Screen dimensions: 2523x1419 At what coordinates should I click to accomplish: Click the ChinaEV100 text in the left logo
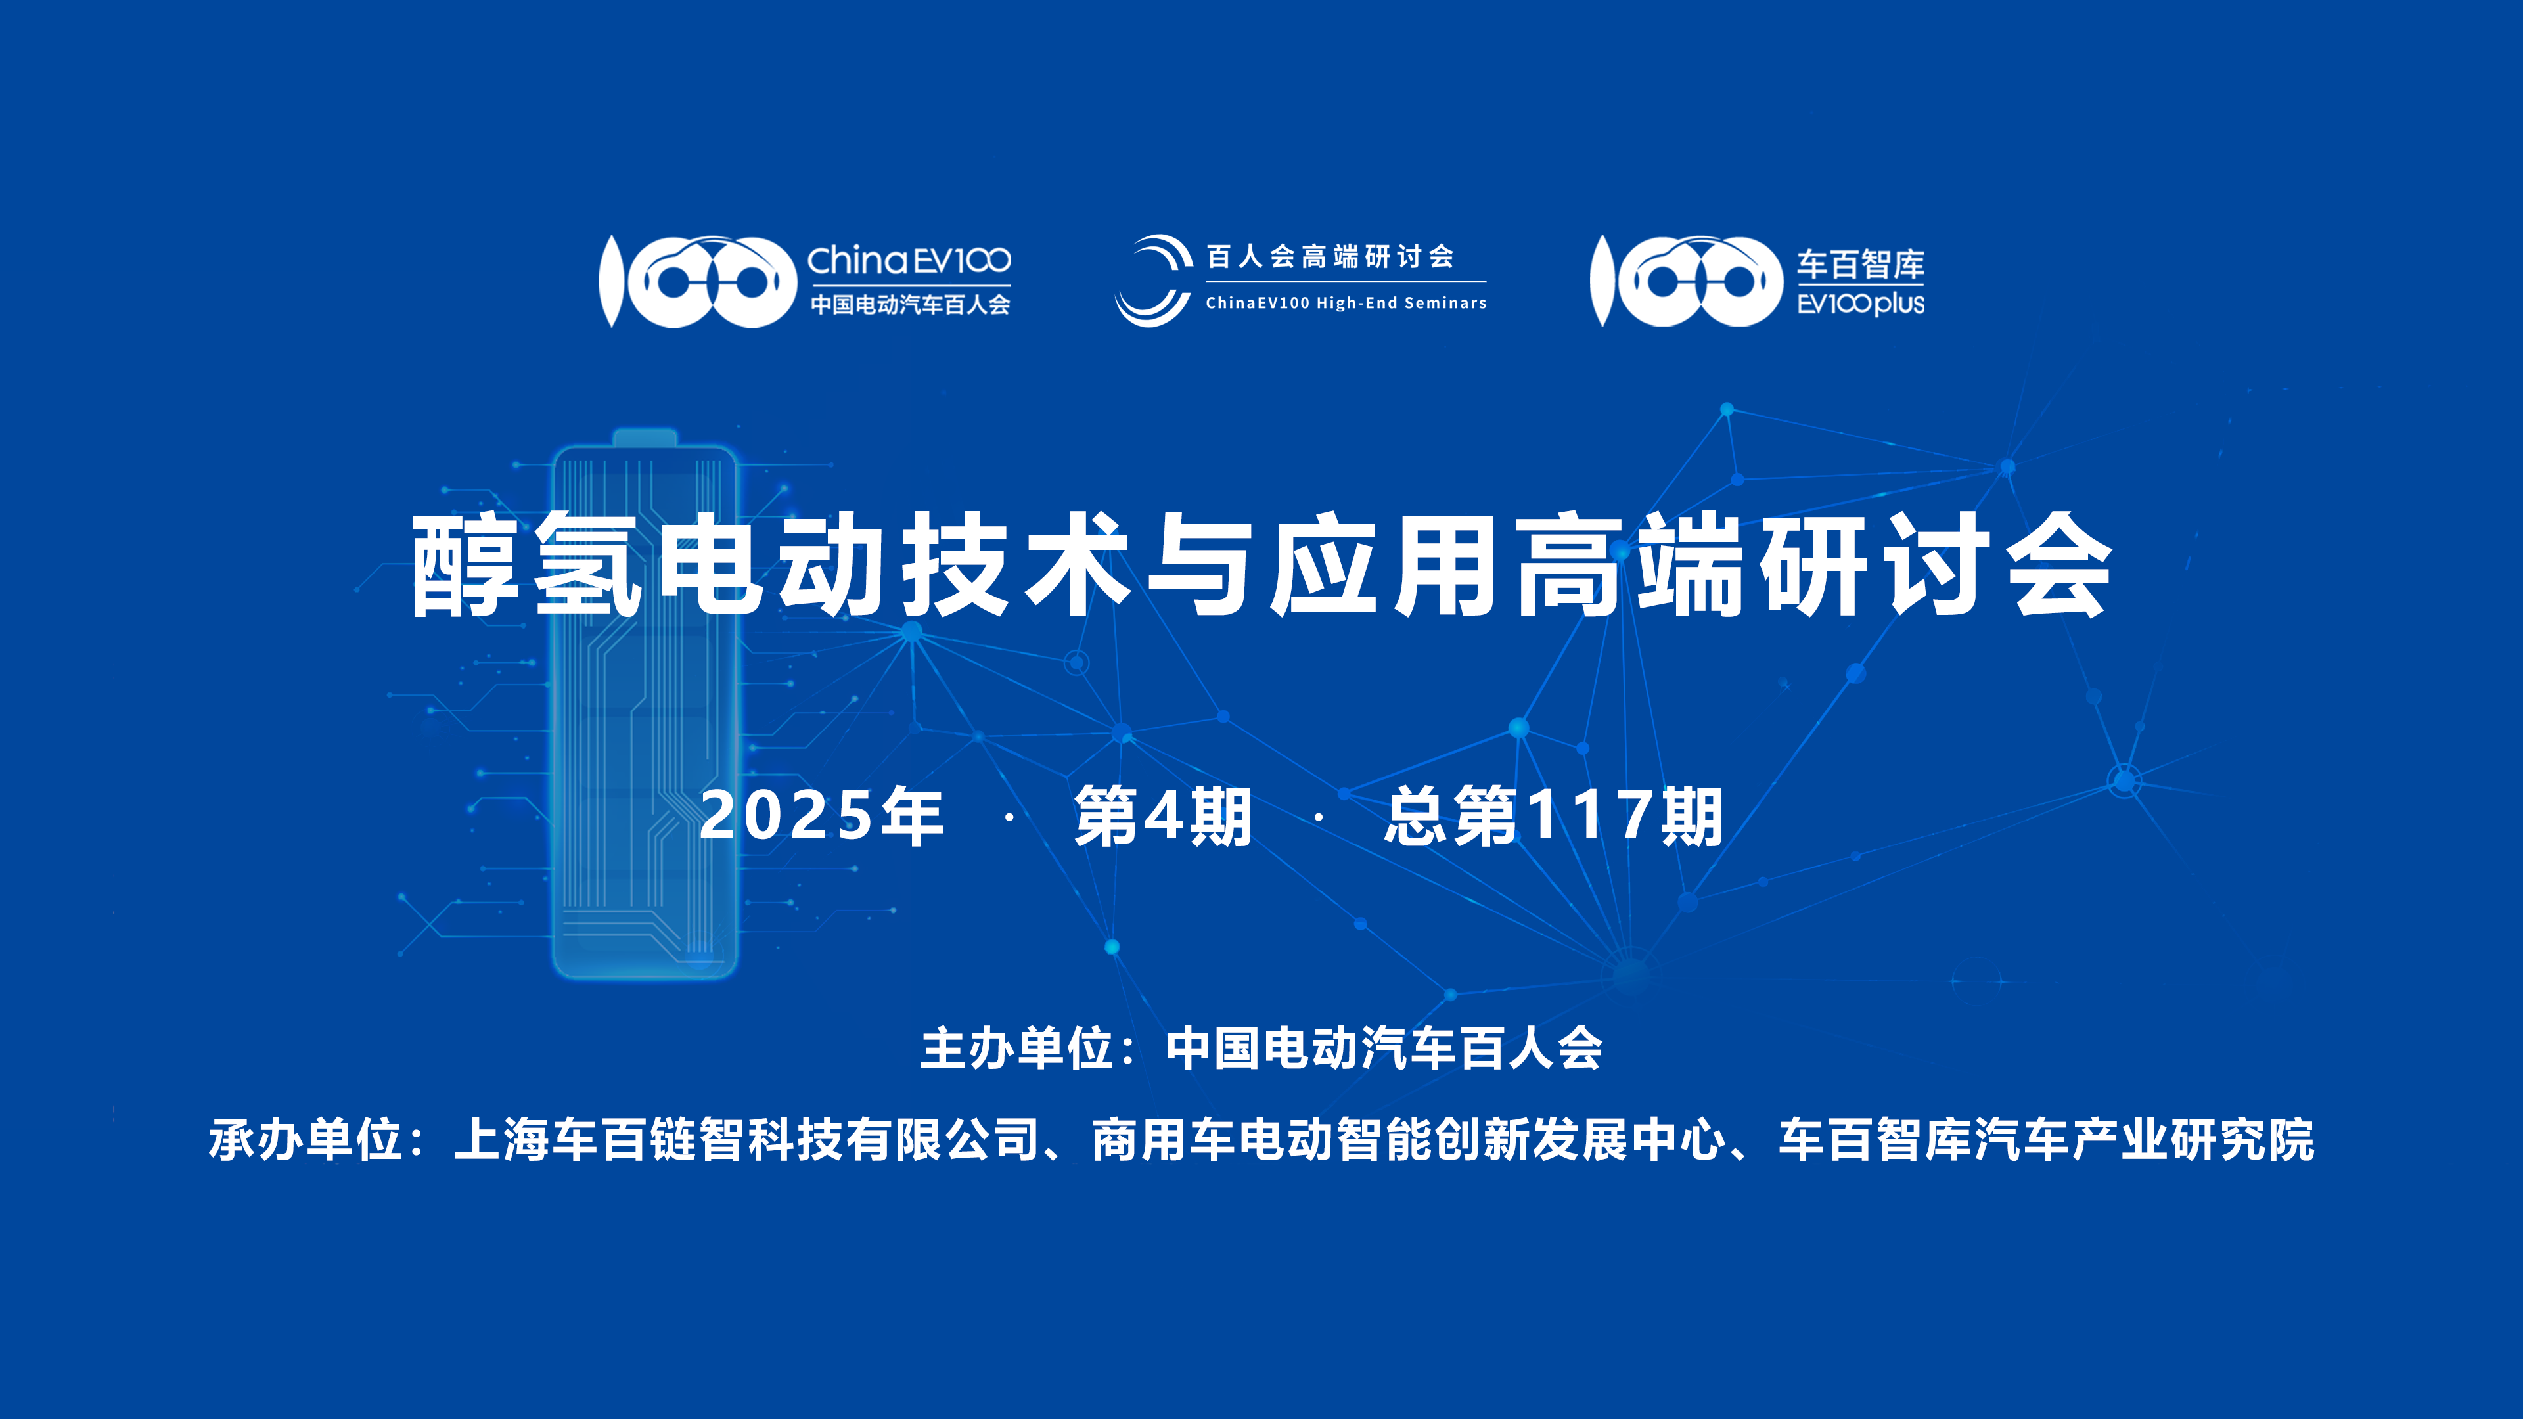tap(909, 261)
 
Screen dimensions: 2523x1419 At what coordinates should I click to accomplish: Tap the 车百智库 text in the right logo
tap(1860, 263)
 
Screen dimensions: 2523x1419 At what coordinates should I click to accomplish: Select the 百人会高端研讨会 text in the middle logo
tap(1330, 257)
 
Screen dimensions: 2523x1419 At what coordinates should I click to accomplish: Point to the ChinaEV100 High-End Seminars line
tap(1346, 304)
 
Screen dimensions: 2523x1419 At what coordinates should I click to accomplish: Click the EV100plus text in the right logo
tap(1861, 304)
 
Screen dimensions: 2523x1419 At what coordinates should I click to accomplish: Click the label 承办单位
tap(305, 1139)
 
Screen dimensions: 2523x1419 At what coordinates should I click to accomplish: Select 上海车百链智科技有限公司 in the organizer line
tap(746, 1139)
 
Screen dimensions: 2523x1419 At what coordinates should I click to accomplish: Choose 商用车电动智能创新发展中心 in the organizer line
tap(1409, 1139)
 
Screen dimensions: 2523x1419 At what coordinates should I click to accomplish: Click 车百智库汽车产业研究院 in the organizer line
tap(2046, 1139)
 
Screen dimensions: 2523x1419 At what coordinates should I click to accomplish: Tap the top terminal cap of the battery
tap(645, 438)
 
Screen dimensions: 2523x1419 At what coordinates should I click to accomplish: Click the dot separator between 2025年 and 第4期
tap(1009, 816)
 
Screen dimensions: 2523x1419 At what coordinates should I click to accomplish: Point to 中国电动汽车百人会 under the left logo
tap(910, 305)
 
